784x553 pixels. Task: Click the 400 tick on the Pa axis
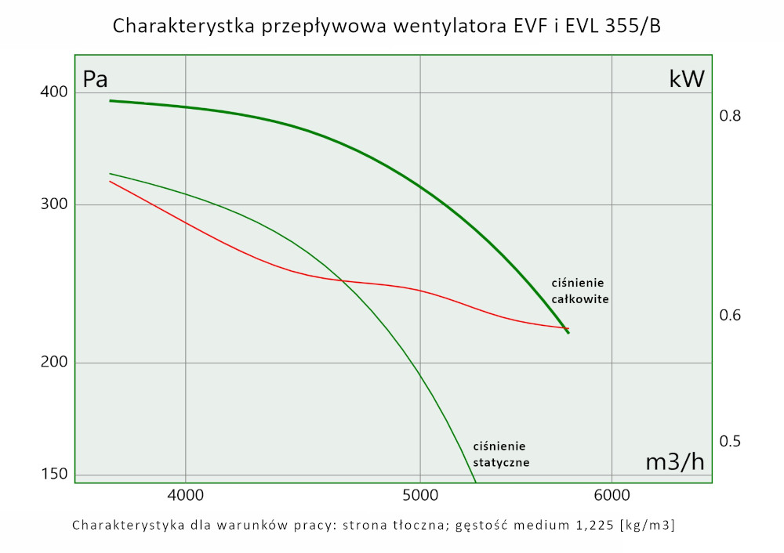point(54,92)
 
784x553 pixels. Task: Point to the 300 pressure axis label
point(54,205)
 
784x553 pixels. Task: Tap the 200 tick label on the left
point(54,363)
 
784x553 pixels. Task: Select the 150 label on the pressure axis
point(54,474)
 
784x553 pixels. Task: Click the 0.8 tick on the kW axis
point(730,116)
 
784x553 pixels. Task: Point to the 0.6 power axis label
point(730,315)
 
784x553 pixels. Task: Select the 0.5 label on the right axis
point(730,441)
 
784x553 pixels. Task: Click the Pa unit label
point(95,79)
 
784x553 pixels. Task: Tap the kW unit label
point(686,78)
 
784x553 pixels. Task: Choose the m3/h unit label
point(674,462)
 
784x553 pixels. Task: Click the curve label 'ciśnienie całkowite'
point(579,291)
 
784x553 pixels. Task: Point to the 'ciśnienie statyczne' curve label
point(501,454)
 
